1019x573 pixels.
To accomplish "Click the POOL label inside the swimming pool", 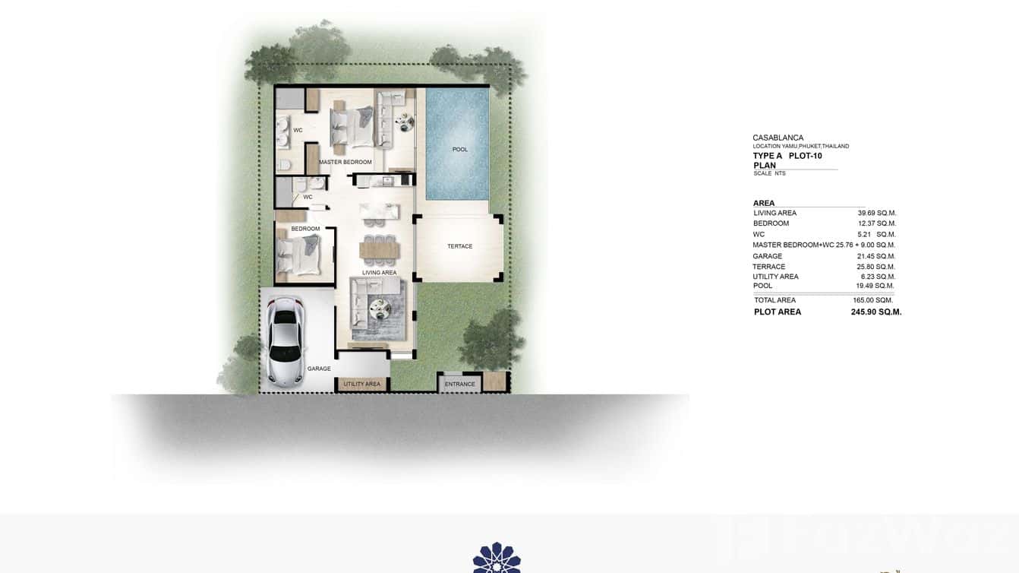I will pos(460,150).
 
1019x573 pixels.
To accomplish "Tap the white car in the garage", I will pos(285,342).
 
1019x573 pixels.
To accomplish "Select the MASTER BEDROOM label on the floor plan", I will pos(345,163).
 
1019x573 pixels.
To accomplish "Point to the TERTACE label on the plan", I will pos(459,246).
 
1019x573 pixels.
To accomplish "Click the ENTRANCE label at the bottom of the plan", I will pos(459,384).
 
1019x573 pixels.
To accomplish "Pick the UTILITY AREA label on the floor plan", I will pos(362,385).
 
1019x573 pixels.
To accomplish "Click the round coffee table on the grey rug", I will pos(379,307).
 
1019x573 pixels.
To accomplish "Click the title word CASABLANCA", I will pos(778,138).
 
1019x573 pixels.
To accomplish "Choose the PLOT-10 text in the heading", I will pos(805,156).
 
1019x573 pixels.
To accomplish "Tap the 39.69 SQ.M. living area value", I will pos(876,214).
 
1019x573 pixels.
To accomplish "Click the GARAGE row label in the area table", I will pos(767,257).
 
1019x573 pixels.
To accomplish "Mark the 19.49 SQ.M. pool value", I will pos(875,286).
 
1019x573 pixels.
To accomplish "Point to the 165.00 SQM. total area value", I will pos(872,301).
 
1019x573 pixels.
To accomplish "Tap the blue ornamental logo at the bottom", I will pos(497,558).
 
